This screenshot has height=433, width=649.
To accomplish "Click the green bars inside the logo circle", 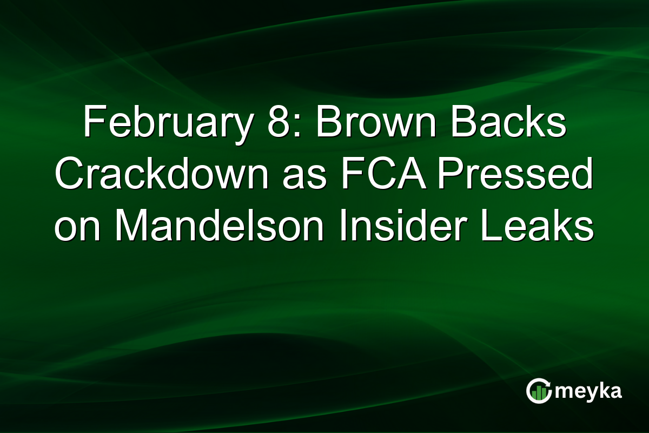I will pyautogui.click(x=538, y=393).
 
